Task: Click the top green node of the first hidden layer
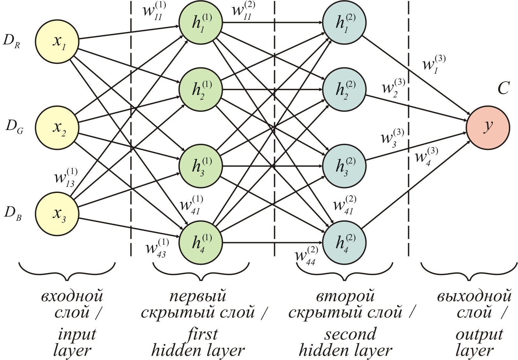pyautogui.click(x=201, y=22)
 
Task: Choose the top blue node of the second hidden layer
pyautogui.click(x=344, y=22)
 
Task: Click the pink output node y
pyautogui.click(x=488, y=126)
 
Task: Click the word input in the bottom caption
pyautogui.click(x=77, y=334)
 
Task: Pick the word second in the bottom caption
pyautogui.click(x=350, y=334)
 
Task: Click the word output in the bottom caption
pyautogui.click(x=479, y=334)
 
